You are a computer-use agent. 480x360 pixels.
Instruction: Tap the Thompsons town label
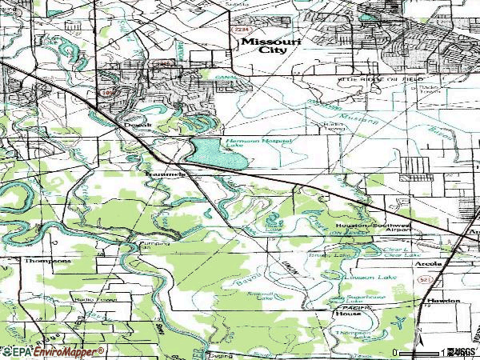pos(48,261)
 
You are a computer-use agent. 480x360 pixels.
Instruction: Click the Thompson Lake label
pos(352,335)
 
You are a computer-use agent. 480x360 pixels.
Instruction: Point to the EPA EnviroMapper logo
pos(52,351)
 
